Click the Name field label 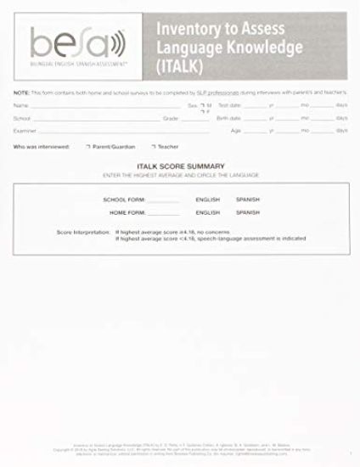tap(20, 105)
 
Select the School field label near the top tap(22, 118)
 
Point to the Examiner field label tap(25, 131)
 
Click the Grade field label tap(170, 118)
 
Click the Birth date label tap(228, 118)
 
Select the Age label tap(235, 131)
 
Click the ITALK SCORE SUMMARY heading tap(180, 166)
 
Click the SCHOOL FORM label tap(124, 199)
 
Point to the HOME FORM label tap(127, 211)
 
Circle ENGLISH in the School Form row tap(207, 199)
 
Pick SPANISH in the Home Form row tap(248, 211)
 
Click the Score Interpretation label tap(83, 232)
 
